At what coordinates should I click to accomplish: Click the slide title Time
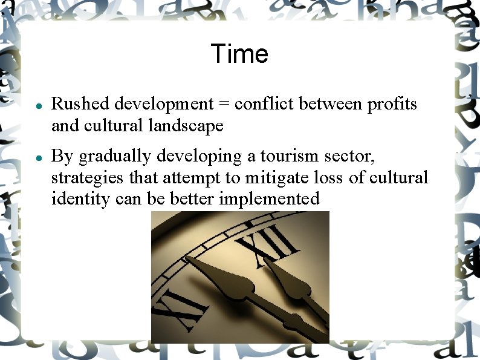tap(239, 54)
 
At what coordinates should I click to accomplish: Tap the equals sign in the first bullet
tap(224, 105)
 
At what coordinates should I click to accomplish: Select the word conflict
tap(261, 104)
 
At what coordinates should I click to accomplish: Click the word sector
tap(349, 157)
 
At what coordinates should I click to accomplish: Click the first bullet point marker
tap(38, 105)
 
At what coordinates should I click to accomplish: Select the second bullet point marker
tap(38, 157)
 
